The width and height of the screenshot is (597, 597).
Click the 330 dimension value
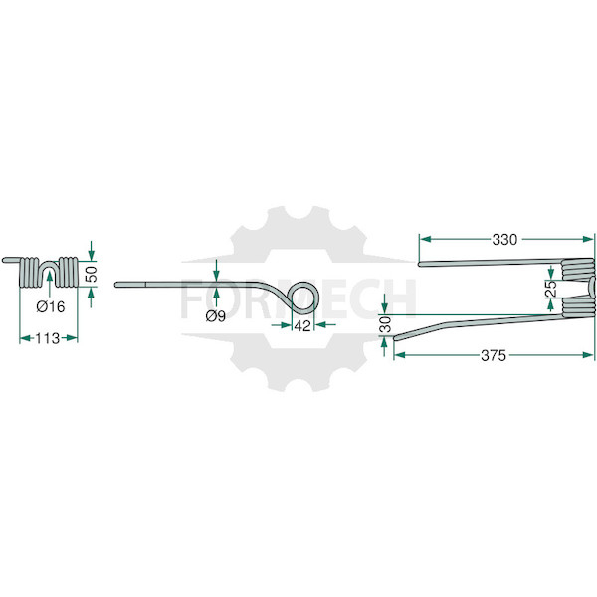pos(504,240)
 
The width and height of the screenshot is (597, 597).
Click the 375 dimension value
pos(494,355)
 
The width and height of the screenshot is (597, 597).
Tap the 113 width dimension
pos(48,338)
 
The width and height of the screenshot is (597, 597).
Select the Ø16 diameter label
pos(51,306)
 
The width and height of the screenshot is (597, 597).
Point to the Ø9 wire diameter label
pos(216,315)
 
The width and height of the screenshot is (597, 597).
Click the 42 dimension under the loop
pos(302,326)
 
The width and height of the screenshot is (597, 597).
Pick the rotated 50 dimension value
pos(91,274)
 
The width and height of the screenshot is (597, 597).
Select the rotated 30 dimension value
pos(386,324)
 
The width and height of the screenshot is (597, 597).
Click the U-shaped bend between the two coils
pos(49,267)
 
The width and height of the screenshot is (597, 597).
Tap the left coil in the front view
pos(29,273)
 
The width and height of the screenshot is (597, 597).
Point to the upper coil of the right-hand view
pos(577,269)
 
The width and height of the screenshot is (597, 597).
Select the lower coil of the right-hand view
pos(577,305)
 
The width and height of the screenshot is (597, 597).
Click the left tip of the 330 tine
pos(420,264)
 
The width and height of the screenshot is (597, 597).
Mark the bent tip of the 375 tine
pos(396,337)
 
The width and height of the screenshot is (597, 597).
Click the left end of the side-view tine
pos(116,284)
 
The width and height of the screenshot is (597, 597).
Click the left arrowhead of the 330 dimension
pos(425,239)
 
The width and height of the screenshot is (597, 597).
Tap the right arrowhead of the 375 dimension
pos(588,355)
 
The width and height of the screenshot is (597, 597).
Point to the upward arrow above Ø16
pos(50,285)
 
